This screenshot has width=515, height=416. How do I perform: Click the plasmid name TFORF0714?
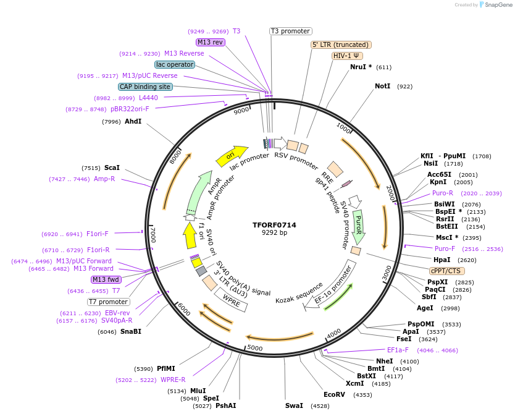click(274, 225)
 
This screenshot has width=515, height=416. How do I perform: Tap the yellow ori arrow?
click(232, 156)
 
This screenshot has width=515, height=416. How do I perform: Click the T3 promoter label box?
click(291, 31)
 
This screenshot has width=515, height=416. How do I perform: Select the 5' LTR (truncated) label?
click(340, 45)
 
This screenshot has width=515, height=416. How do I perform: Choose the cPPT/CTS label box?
click(447, 271)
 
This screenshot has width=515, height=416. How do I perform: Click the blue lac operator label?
click(175, 64)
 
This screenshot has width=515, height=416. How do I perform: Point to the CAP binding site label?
click(145, 87)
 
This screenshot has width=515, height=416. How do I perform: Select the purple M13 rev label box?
click(211, 42)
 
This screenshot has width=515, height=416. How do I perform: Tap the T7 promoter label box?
click(108, 302)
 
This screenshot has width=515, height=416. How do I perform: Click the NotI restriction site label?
click(383, 87)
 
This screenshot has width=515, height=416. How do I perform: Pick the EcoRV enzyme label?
click(334, 394)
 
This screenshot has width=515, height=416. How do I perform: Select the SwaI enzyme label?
click(294, 405)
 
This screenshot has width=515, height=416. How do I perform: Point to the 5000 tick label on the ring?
click(254, 349)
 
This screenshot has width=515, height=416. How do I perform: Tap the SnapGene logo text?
click(499, 5)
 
